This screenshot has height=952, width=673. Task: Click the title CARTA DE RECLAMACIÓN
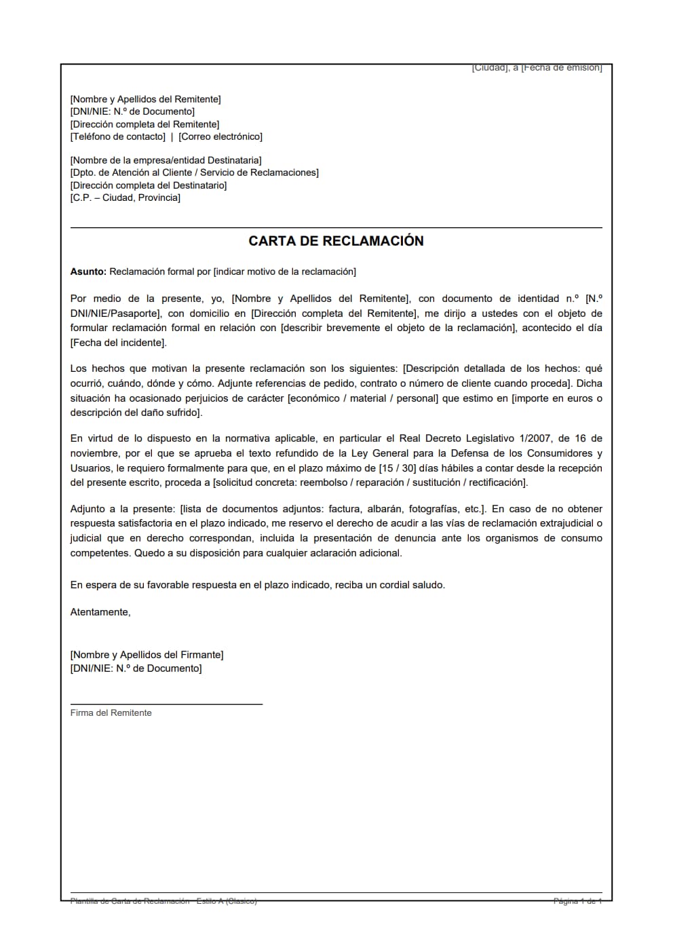pyautogui.click(x=336, y=241)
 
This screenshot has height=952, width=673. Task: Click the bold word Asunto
pyautogui.click(x=88, y=271)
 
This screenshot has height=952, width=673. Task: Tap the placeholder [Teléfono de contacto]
pyautogui.click(x=118, y=136)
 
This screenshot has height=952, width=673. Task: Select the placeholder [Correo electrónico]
pyautogui.click(x=220, y=136)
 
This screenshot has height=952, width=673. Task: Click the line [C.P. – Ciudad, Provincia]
pyautogui.click(x=126, y=197)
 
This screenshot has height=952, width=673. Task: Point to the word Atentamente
pyautogui.click(x=100, y=612)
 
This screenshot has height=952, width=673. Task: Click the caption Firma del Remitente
pyautogui.click(x=111, y=712)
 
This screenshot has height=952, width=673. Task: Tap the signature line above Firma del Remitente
pyautogui.click(x=166, y=704)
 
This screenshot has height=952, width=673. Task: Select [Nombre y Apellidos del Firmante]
pyautogui.click(x=147, y=655)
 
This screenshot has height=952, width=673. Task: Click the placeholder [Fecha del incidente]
pyautogui.click(x=118, y=343)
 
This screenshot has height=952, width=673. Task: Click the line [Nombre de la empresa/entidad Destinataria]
pyautogui.click(x=166, y=160)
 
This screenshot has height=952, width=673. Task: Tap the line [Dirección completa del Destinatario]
pyautogui.click(x=149, y=185)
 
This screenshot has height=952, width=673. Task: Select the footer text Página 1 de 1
pyautogui.click(x=577, y=901)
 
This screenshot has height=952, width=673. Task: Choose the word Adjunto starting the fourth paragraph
pyautogui.click(x=88, y=509)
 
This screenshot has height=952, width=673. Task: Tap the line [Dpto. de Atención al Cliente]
pyautogui.click(x=194, y=172)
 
